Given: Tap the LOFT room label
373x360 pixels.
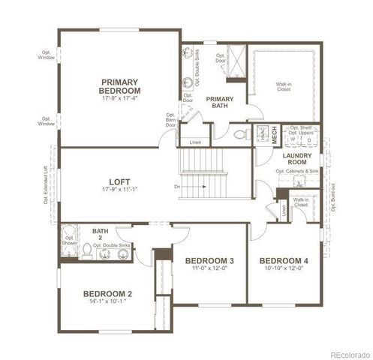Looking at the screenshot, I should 120,181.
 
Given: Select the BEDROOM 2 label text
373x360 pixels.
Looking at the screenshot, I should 107,293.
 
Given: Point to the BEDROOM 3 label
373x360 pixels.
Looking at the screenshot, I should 210,260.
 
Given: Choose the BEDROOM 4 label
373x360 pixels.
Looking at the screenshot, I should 284,260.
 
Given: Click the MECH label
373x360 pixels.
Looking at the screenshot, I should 275,135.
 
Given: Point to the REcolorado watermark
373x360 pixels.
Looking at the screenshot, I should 347,353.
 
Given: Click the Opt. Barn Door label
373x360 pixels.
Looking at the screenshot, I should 171,120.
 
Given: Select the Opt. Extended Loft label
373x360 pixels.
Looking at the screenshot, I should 46,184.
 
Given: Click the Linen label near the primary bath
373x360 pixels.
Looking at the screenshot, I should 195,142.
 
